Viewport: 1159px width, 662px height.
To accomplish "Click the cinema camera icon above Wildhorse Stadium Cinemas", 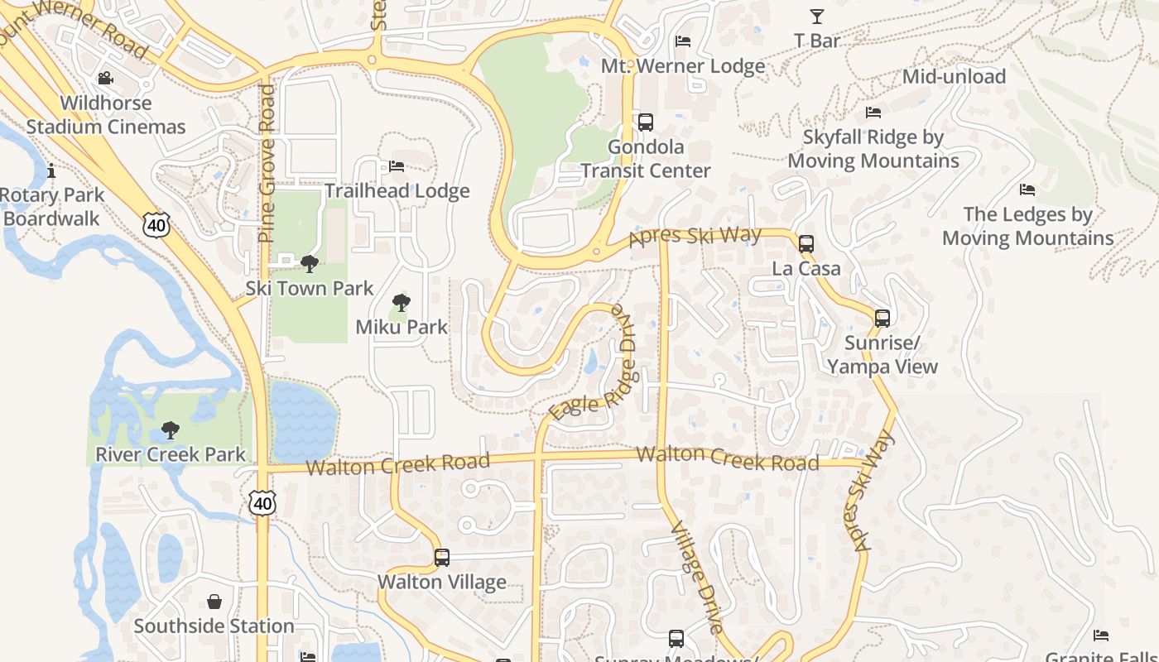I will [x=105, y=79].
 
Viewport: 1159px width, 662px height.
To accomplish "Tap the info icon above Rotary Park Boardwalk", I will [x=51, y=171].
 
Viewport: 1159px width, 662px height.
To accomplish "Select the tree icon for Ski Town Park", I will [x=310, y=264].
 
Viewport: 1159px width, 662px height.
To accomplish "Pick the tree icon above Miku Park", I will [x=402, y=303].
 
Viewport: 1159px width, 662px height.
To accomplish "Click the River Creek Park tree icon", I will [x=171, y=430].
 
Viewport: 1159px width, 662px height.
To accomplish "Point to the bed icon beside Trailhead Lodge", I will [x=397, y=166].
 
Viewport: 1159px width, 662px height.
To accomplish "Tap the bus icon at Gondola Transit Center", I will [x=646, y=122].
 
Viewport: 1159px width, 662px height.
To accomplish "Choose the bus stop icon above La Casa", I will [x=806, y=244].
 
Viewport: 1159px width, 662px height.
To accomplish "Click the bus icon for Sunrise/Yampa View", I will [x=882, y=319].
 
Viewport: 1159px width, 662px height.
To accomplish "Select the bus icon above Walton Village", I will [x=442, y=558].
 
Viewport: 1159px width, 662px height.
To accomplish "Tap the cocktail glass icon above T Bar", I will [x=817, y=16].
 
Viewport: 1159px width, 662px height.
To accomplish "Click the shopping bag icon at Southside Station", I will [x=214, y=602].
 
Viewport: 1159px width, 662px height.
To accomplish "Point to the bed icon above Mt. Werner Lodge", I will [x=683, y=41].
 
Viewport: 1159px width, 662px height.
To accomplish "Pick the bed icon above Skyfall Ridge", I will [x=873, y=113].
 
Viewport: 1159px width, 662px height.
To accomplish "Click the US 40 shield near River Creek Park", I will [x=263, y=502].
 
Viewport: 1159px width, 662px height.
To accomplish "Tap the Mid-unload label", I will [x=954, y=77].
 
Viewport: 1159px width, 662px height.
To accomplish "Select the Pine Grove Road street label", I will [x=267, y=163].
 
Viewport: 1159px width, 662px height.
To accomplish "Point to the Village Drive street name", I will [x=696, y=578].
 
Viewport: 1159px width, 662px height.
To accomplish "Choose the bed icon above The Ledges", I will [x=1027, y=189].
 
